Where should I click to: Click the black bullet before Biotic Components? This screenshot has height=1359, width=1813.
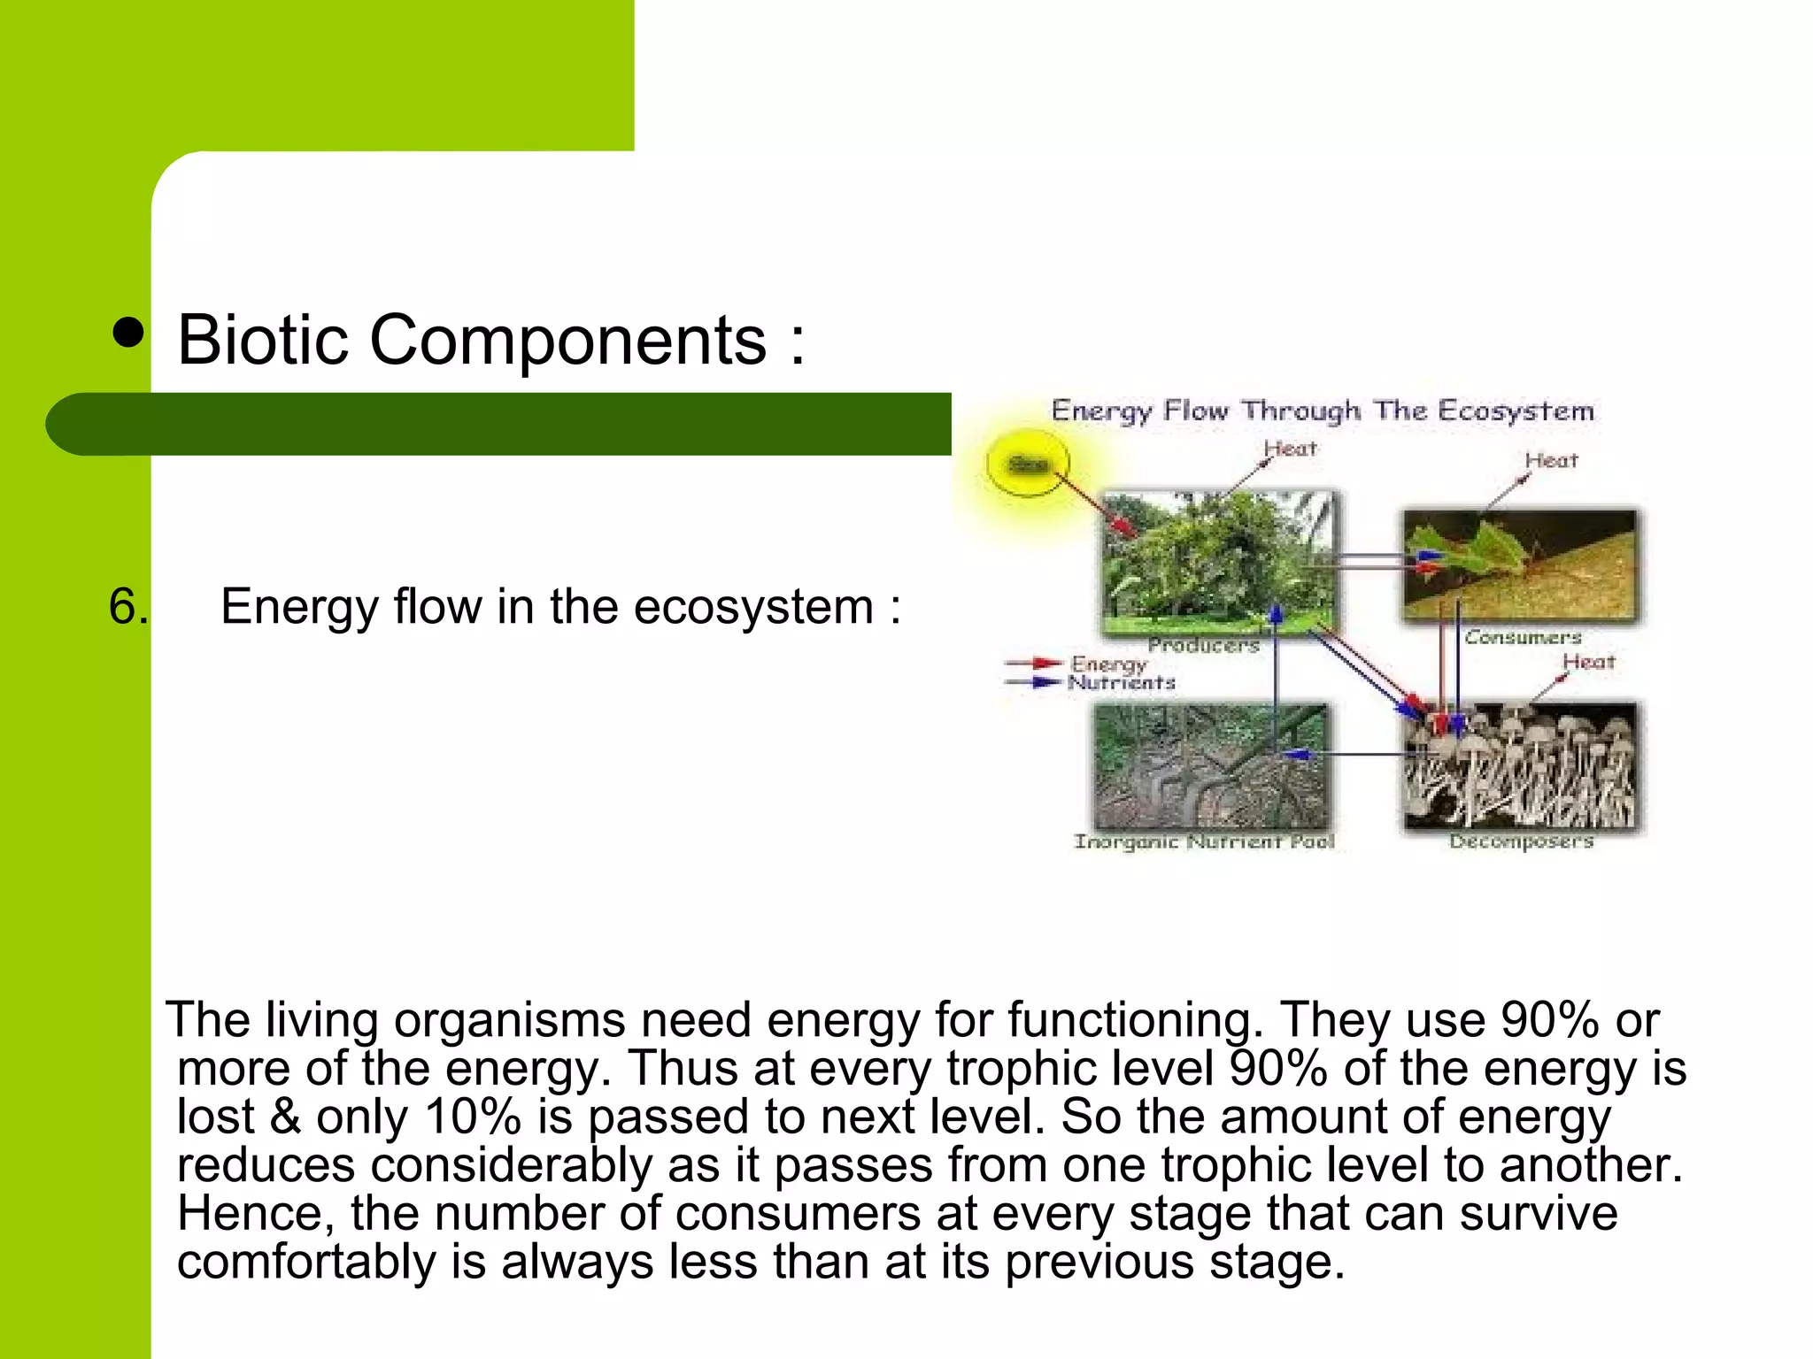(129, 334)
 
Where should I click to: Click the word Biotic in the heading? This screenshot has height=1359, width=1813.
(263, 340)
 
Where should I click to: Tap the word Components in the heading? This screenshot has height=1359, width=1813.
(567, 340)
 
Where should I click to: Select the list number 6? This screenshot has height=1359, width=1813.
(127, 607)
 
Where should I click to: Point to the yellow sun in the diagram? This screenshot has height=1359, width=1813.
(1028, 464)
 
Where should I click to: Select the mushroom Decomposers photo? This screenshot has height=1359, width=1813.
(1521, 766)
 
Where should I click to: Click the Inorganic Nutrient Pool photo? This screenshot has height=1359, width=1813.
(1211, 766)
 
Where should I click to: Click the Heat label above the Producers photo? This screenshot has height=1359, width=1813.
(1290, 449)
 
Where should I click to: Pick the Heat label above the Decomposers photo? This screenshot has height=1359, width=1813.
(1588, 662)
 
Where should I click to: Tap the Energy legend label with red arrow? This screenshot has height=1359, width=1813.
(1108, 663)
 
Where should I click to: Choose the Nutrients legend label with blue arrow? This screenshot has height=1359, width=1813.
(1121, 682)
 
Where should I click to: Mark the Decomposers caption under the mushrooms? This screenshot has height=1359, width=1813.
(1521, 841)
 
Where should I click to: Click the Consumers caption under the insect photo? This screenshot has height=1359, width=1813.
(1523, 637)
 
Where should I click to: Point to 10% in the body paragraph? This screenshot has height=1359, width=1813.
(473, 1117)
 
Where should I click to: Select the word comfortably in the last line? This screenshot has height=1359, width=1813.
(305, 1262)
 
